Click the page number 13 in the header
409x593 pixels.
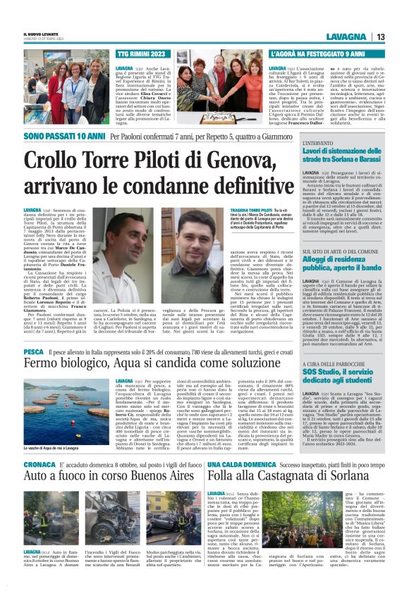(x=379, y=37)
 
